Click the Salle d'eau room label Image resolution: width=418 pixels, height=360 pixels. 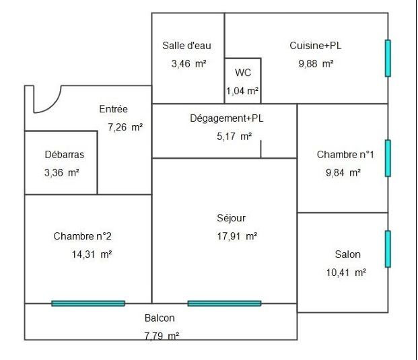click(x=186, y=46)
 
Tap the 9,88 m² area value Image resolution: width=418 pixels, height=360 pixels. click(x=316, y=64)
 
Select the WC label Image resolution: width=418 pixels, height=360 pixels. click(x=242, y=73)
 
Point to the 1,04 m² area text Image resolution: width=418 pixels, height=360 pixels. click(x=242, y=90)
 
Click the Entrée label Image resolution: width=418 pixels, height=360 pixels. click(x=113, y=109)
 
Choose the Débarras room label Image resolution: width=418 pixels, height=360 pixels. click(x=64, y=154)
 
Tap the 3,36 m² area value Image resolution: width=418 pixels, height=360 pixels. click(x=61, y=172)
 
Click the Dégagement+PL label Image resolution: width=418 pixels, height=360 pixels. click(x=226, y=118)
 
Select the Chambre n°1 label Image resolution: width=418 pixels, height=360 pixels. click(x=345, y=155)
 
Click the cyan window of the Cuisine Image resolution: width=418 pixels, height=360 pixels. click(x=388, y=58)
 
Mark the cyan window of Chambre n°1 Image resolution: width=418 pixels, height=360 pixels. click(x=388, y=158)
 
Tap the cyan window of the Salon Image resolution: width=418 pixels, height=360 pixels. click(x=388, y=249)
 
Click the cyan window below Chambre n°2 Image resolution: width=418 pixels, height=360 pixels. click(x=88, y=303)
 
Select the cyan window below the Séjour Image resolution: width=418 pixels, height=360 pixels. click(x=224, y=303)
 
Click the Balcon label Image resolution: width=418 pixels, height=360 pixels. click(x=160, y=318)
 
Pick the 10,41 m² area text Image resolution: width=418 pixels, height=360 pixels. click(x=347, y=273)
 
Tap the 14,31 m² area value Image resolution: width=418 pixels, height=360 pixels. click(x=92, y=254)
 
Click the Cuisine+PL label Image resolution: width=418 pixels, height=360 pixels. click(x=315, y=46)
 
